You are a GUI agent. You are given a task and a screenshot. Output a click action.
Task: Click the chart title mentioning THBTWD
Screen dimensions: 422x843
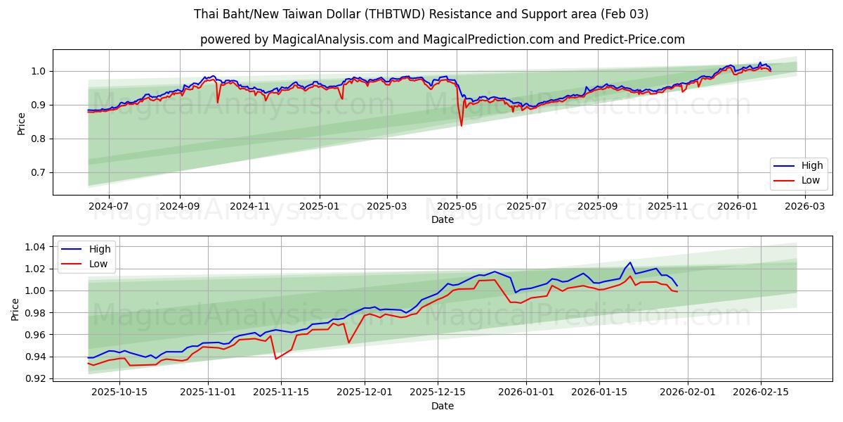click(x=421, y=14)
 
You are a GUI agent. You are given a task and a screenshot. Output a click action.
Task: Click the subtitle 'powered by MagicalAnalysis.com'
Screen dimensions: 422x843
click(x=296, y=39)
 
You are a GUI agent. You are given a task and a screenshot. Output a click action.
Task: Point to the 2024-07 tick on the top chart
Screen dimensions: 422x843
click(x=109, y=206)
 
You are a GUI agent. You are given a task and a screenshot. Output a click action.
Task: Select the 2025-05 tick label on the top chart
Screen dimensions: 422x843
click(x=457, y=206)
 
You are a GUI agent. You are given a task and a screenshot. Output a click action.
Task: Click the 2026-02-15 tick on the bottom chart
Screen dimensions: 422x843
click(x=762, y=392)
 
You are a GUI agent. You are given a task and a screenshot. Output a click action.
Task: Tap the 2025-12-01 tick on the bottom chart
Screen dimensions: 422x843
click(x=365, y=392)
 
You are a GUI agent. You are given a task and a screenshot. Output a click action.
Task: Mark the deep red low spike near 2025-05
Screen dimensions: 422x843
click(x=462, y=125)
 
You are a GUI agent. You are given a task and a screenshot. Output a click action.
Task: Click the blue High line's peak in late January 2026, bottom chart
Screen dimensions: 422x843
click(x=630, y=262)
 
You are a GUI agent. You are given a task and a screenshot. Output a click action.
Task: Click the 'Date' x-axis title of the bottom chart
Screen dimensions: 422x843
click(x=443, y=406)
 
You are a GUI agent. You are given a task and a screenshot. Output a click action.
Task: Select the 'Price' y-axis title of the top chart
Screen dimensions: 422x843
click(x=21, y=122)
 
